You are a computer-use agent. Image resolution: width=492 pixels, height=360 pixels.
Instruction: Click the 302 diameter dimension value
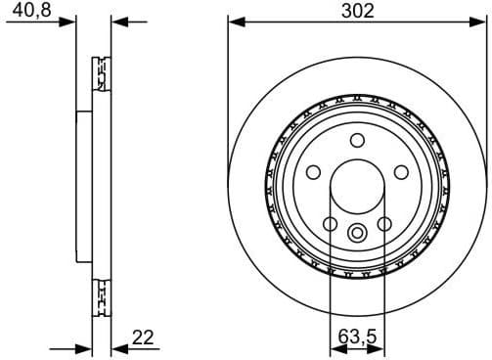pos(356,11)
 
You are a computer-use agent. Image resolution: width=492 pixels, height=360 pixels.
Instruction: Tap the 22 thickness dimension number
pos(144,337)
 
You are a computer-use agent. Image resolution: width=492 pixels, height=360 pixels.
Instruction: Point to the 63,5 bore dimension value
pos(356,337)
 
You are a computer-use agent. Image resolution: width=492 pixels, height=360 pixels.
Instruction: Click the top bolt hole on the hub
pos(356,139)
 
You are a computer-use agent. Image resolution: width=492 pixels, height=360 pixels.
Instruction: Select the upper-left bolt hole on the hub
pos(313,172)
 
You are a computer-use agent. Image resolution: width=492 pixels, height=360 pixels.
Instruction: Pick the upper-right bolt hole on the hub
pos(400,172)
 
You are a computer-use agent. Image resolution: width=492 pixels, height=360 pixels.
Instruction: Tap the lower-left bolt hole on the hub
pos(330,223)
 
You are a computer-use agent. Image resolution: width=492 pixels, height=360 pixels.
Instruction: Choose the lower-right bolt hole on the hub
pos(383,223)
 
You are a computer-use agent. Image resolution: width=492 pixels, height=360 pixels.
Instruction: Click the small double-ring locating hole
pos(356,232)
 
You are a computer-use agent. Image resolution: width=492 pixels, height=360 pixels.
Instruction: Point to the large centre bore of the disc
pos(356,186)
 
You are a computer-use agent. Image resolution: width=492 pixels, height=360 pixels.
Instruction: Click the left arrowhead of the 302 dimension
pos(235,21)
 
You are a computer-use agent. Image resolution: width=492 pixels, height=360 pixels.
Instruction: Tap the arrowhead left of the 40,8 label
pos(68,21)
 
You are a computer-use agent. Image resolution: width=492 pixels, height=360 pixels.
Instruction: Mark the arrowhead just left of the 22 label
pos(118,347)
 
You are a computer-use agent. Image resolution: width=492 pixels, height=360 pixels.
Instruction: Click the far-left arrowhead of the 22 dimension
pos(84,347)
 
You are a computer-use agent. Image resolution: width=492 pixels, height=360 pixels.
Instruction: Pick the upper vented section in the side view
pos(99,73)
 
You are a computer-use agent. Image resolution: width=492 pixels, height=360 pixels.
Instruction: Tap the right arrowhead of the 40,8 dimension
pos(118,21)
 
